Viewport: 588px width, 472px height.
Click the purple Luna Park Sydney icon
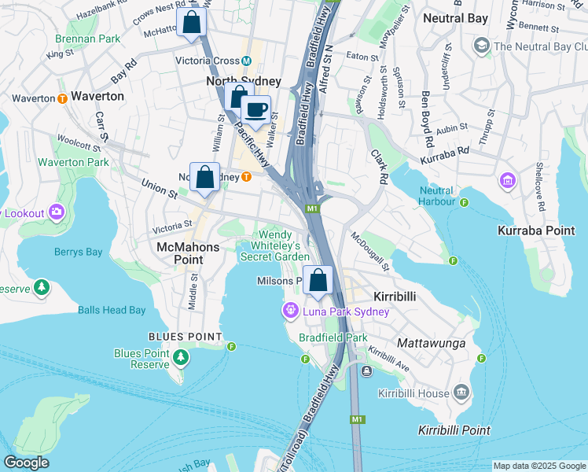point(291,312)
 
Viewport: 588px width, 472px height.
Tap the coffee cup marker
point(255,110)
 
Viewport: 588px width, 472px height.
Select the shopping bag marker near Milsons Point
point(318,281)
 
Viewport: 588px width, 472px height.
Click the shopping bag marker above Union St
point(204,177)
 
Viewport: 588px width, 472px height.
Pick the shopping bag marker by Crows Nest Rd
point(191,23)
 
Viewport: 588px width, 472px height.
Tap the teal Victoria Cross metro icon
point(246,61)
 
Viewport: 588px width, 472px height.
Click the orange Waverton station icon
point(61,98)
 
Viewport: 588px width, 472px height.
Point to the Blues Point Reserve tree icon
point(182,358)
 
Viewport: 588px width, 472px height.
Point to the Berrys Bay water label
point(79,253)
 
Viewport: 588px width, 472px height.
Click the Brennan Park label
point(88,38)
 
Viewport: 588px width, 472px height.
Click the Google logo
point(26,463)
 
